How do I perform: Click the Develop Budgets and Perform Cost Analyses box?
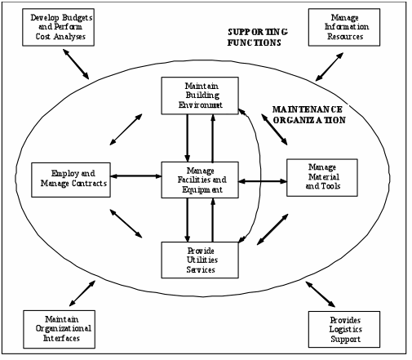click(x=58, y=27)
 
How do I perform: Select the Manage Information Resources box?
click(x=344, y=27)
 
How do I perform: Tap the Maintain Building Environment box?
click(x=200, y=96)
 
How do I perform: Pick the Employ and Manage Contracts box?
click(x=71, y=180)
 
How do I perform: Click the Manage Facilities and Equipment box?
click(x=200, y=180)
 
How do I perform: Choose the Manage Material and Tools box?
click(x=322, y=178)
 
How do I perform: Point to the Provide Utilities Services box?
click(x=200, y=260)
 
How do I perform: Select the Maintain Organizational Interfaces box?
click(x=60, y=329)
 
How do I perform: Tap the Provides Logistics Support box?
click(x=344, y=329)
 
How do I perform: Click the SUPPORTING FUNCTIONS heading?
click(x=257, y=38)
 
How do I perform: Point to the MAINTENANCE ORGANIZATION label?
click(x=309, y=114)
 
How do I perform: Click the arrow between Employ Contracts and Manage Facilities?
click(x=136, y=176)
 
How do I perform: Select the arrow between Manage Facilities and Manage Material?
click(x=263, y=181)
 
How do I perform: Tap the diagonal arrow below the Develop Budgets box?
click(x=76, y=64)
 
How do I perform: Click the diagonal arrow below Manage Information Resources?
click(x=330, y=67)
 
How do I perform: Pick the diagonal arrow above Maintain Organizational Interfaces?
click(x=82, y=293)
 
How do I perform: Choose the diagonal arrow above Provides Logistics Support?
click(x=321, y=294)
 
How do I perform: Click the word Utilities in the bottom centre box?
click(x=202, y=260)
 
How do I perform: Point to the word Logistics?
click(x=346, y=329)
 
